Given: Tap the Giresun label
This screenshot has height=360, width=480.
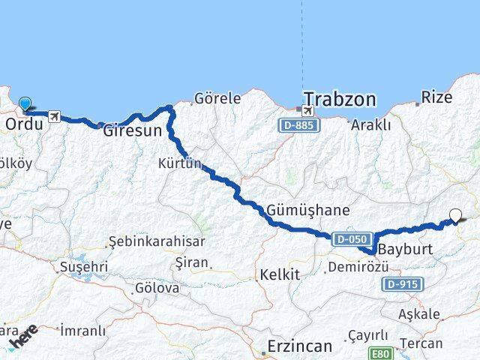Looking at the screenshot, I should click(x=132, y=130).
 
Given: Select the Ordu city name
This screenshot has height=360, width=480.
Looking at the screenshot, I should click(x=23, y=124).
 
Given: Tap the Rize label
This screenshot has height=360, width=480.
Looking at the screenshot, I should click(x=437, y=97).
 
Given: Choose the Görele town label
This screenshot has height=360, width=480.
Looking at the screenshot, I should click(x=217, y=97).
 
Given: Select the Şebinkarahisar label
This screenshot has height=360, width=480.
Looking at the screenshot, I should click(x=155, y=241).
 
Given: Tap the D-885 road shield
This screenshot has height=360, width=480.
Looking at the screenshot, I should click(x=298, y=125).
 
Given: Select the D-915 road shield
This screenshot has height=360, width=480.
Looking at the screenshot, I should click(x=403, y=284).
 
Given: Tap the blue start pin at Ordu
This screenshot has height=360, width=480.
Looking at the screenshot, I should click(x=25, y=105).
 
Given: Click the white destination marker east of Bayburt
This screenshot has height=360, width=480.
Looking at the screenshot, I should click(x=455, y=216).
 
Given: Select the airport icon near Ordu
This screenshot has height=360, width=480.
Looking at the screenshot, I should click(x=54, y=116).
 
